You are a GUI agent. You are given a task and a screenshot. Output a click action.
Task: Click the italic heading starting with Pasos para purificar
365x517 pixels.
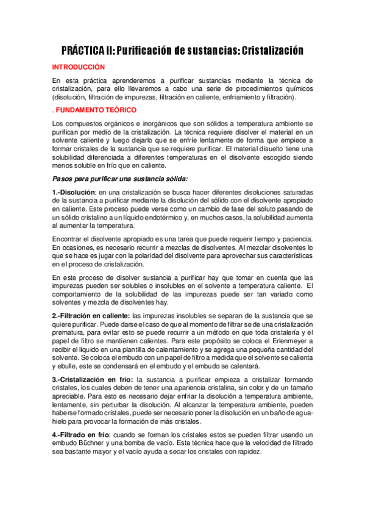coord(119,178)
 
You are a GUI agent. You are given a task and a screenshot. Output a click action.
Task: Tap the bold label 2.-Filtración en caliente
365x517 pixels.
coord(91,316)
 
